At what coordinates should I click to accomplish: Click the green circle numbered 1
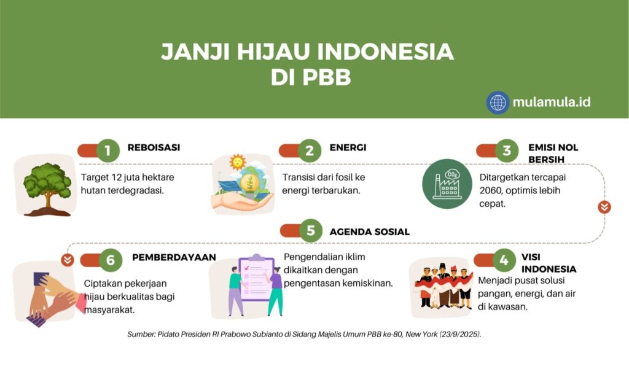[108, 151]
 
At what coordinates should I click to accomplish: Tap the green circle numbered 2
[310, 151]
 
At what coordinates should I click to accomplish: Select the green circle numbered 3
[507, 151]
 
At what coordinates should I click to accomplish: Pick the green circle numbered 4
[504, 260]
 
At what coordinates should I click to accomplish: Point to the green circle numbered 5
[310, 231]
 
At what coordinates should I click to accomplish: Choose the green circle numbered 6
[111, 260]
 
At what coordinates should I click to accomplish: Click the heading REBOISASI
[154, 147]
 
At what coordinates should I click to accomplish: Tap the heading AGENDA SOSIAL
[369, 232]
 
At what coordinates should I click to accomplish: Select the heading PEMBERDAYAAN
[174, 257]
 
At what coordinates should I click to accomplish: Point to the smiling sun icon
[237, 162]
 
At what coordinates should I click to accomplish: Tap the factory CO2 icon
[447, 184]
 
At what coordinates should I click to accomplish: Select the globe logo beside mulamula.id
[498, 103]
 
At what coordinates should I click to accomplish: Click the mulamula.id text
[552, 103]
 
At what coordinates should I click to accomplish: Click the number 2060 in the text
[490, 190]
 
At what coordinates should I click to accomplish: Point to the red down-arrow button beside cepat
[604, 207]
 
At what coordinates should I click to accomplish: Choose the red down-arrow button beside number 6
[68, 260]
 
